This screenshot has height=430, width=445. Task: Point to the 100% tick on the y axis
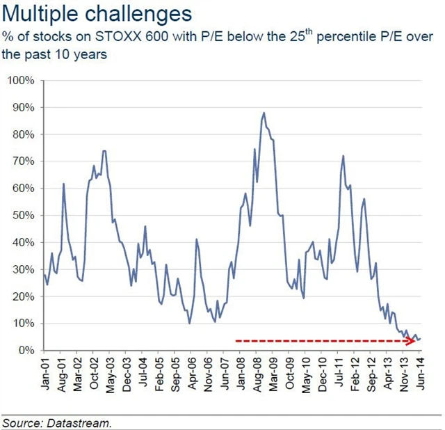[x=20, y=81]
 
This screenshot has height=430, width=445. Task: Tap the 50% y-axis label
[x=22, y=215]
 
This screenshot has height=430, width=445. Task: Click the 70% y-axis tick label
[x=22, y=161]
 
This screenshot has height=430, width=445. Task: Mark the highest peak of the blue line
[x=264, y=113]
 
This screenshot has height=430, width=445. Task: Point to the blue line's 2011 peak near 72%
[x=343, y=156]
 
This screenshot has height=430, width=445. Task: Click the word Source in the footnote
[x=21, y=422]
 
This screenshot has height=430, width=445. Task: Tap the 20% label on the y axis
[x=22, y=296]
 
